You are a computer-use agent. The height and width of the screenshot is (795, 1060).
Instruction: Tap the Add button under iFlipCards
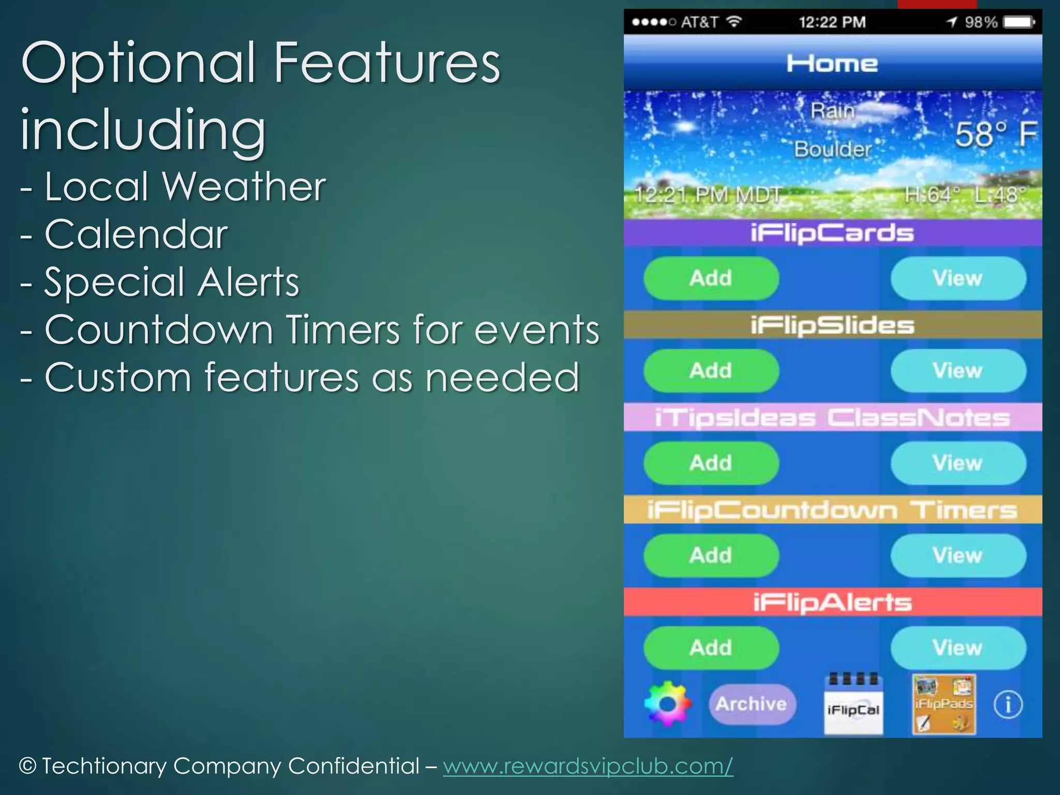[711, 278]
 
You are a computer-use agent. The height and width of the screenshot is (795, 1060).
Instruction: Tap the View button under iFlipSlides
[958, 371]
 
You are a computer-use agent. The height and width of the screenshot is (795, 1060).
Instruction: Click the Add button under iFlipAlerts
[711, 648]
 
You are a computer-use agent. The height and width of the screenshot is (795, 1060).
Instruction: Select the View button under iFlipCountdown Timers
[958, 555]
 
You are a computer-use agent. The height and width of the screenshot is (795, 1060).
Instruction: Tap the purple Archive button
[752, 704]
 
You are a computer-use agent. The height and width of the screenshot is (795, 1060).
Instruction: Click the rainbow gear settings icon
[667, 704]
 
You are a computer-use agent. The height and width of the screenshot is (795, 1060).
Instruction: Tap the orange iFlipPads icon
[944, 704]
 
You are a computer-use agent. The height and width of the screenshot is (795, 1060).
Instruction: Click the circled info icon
[1008, 704]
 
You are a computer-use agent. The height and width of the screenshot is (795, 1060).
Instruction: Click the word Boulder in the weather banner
[833, 150]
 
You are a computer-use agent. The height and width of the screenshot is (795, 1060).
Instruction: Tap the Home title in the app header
[832, 64]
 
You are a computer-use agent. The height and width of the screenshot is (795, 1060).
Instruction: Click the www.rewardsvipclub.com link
[587, 766]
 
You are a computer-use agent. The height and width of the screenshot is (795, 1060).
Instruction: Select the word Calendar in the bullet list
[136, 234]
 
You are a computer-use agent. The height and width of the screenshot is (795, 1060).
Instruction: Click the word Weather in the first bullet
[244, 186]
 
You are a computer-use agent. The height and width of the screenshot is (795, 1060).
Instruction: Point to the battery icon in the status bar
[1019, 22]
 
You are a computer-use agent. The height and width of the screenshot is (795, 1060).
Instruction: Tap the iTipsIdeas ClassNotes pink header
[832, 418]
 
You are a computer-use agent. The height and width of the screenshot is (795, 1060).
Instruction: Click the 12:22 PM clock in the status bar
[832, 22]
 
